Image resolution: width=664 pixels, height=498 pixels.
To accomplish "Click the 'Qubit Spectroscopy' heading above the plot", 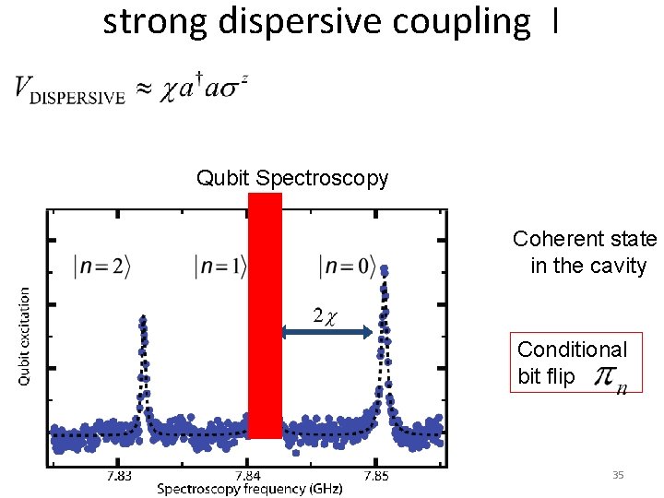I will (x=292, y=178).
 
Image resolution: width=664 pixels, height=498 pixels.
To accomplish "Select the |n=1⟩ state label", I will (x=221, y=267).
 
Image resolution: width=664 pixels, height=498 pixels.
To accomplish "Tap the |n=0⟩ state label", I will (x=347, y=267).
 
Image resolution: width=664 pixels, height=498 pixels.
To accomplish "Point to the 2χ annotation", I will (x=324, y=315).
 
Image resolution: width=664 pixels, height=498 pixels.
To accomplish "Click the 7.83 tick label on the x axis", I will (x=119, y=476).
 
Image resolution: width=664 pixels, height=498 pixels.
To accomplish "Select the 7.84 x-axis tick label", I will (x=247, y=476).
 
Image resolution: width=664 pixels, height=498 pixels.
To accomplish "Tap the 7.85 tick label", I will (x=376, y=476).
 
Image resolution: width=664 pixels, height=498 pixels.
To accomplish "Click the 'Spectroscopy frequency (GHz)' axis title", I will (x=249, y=489).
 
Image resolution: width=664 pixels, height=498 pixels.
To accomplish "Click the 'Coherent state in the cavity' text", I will (x=586, y=253).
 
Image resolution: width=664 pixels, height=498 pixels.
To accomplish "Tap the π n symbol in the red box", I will (x=609, y=377).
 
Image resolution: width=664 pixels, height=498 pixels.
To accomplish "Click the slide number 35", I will (x=618, y=475).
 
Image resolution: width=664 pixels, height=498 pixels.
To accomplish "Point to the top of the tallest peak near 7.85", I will (x=384, y=269).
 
